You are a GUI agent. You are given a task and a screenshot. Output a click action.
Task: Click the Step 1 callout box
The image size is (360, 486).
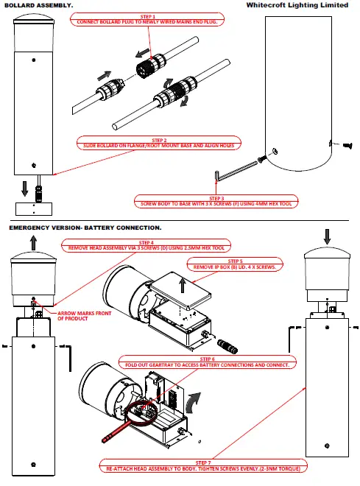click(x=147, y=19)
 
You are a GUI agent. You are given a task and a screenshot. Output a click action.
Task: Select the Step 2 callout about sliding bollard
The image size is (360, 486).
click(x=158, y=143)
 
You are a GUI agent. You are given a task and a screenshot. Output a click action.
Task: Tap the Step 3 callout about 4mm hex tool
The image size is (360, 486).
click(x=216, y=201)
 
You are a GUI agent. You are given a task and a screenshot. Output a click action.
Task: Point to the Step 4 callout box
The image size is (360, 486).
click(x=147, y=245)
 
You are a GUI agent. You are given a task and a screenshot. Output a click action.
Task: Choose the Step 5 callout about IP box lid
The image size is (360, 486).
click(x=235, y=264)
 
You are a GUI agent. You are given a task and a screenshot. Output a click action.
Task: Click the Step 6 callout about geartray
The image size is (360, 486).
click(x=208, y=362)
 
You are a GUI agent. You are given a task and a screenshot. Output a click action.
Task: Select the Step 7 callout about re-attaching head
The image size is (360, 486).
click(x=203, y=466)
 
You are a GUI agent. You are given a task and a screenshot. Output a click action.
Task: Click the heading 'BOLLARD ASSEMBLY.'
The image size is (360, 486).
click(x=39, y=6)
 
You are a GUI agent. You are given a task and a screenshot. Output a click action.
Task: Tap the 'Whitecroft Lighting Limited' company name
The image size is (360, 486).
click(x=297, y=5)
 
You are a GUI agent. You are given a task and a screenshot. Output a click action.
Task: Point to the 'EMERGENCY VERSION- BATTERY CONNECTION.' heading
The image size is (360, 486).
click(x=85, y=228)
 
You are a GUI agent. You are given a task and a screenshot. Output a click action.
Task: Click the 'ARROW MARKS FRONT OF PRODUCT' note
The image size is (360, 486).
click(x=84, y=316)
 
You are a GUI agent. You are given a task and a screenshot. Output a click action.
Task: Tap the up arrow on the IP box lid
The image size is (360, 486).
click(x=183, y=285)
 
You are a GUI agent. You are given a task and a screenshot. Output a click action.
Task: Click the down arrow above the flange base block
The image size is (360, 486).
click(x=25, y=189)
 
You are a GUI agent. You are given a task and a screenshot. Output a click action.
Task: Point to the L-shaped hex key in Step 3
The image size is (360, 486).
click(x=236, y=170)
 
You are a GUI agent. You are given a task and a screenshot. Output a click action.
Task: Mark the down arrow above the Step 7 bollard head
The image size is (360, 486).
click(x=327, y=236)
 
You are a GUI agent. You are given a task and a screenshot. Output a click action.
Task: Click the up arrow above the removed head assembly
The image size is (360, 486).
click(x=33, y=243)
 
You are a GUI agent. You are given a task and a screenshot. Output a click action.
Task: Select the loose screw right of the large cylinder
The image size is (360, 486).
click(x=347, y=145)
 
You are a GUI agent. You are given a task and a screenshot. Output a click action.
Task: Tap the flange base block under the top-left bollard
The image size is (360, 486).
click(x=34, y=209)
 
